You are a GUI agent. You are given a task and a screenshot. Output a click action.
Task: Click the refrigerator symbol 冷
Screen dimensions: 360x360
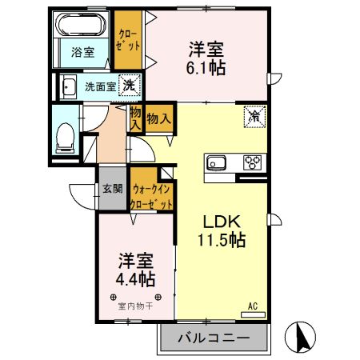(x=254, y=117)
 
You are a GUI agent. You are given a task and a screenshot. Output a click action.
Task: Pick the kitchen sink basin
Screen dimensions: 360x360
(x=218, y=163)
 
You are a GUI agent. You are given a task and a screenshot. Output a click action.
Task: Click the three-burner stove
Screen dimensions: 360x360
(x=253, y=162)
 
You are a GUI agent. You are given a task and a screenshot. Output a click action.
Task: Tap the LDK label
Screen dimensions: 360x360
(x=216, y=221)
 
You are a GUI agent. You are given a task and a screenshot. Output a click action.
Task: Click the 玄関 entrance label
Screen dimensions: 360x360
(x=112, y=189)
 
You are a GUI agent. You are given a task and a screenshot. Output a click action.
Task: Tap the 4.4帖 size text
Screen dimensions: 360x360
(x=133, y=280)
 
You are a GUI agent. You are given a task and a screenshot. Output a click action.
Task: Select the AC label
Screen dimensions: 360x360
(x=251, y=306)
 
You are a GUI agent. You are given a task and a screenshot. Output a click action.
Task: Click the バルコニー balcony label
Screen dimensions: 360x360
(x=212, y=338)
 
